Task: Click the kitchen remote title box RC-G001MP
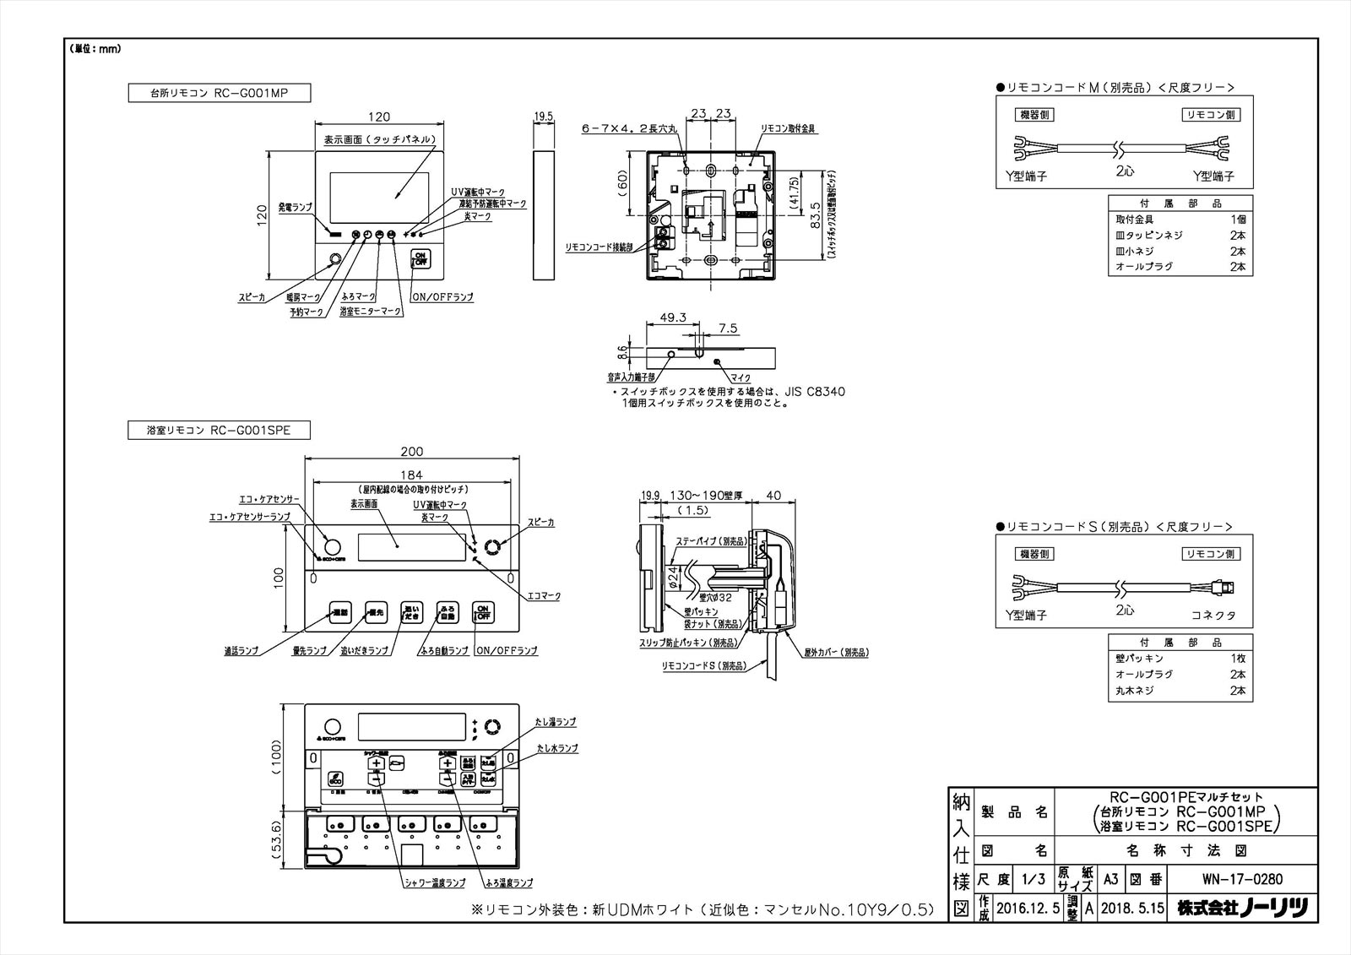(x=219, y=93)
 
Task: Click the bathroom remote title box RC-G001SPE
(x=219, y=431)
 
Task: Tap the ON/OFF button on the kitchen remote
(x=420, y=259)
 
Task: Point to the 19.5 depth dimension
(x=544, y=117)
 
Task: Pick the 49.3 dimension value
(x=673, y=317)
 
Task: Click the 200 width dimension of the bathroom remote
(x=411, y=452)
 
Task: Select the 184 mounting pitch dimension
(x=411, y=475)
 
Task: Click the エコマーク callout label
(x=544, y=596)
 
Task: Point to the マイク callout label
(x=740, y=378)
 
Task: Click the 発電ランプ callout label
(x=295, y=207)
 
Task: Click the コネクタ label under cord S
(x=1213, y=616)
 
